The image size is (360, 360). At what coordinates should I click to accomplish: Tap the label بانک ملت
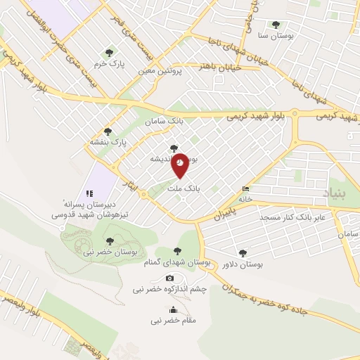tap(187, 189)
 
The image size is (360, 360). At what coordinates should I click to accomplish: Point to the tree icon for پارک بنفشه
tap(108, 131)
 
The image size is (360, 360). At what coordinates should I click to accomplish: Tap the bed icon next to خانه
tap(245, 188)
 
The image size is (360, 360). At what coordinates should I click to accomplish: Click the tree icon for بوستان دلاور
tap(243, 252)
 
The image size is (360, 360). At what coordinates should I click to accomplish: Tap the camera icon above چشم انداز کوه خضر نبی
tap(169, 278)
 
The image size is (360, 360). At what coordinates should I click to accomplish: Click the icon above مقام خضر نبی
tap(174, 310)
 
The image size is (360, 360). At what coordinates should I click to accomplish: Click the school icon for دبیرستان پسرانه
tap(89, 193)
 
